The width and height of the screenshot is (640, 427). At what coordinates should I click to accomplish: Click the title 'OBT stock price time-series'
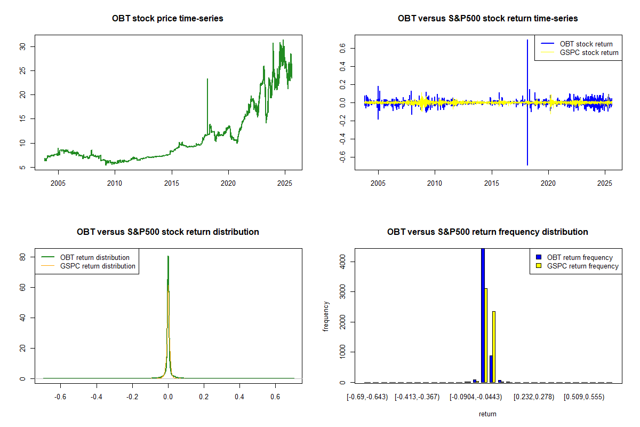tap(167, 19)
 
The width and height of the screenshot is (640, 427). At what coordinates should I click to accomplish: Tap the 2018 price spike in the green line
tap(207, 80)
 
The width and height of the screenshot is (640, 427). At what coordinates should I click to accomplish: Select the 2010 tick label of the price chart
tap(115, 183)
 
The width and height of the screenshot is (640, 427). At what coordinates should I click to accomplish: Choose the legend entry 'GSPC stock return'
tap(589, 52)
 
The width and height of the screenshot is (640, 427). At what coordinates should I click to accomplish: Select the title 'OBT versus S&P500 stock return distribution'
tap(167, 232)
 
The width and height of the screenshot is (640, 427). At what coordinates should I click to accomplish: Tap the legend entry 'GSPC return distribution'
tap(98, 266)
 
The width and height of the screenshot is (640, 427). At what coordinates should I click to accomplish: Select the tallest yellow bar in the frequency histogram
tap(486, 335)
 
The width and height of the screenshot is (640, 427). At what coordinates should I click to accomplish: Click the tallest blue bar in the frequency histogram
tap(483, 315)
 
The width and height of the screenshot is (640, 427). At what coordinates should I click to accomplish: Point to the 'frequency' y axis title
tap(326, 316)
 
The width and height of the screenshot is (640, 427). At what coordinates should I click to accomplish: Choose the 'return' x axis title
tap(487, 414)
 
